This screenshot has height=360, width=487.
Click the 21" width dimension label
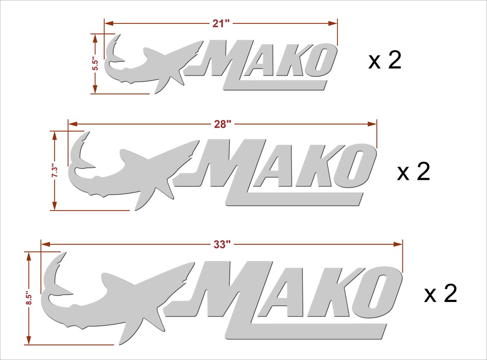221,23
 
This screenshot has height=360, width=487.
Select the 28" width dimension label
223,124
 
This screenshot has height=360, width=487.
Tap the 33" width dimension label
222,245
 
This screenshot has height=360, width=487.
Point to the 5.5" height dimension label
96,64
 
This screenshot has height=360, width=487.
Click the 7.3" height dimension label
55,171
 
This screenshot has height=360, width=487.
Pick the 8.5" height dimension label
29,298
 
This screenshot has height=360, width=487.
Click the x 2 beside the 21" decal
385,61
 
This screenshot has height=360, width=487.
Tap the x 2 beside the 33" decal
440,294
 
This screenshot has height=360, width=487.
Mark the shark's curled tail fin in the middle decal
79,154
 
